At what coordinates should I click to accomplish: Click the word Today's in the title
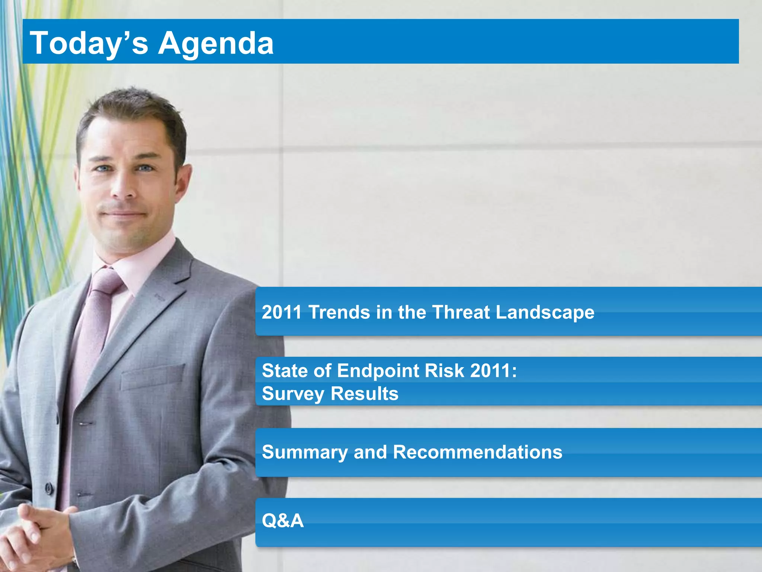click(89, 43)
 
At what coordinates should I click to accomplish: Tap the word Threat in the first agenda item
click(461, 312)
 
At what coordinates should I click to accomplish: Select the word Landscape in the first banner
click(545, 313)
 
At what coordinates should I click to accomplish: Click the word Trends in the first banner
click(339, 312)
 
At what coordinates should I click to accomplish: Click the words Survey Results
click(330, 394)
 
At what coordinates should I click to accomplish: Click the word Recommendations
click(477, 452)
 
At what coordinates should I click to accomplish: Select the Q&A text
click(283, 521)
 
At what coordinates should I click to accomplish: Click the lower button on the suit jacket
click(49, 487)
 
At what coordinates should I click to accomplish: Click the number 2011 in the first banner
click(282, 312)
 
